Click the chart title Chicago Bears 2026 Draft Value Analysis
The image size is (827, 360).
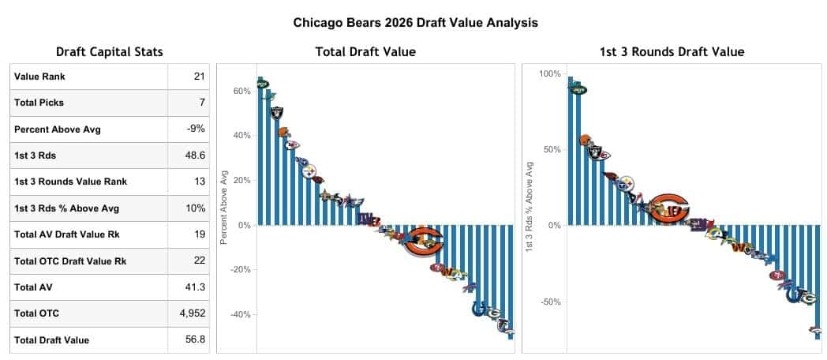[x=415, y=23]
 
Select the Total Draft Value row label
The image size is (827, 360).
[x=52, y=340]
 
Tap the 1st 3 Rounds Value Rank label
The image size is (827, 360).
[x=70, y=182]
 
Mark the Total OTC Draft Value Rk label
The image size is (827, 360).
[x=72, y=261]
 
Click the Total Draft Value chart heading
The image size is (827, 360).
[x=365, y=52]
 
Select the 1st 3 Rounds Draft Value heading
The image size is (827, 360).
[x=672, y=52]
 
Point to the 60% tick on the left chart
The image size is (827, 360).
[x=241, y=91]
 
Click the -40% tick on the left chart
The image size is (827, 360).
[x=238, y=314]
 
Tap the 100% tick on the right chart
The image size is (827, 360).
[x=549, y=73]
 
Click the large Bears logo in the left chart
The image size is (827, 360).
[x=424, y=242]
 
